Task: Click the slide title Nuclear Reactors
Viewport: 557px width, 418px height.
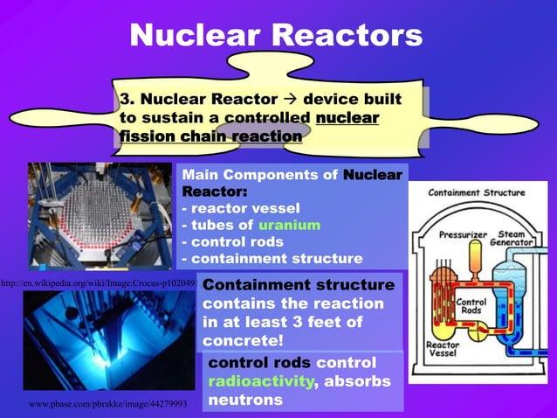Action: pos(276,35)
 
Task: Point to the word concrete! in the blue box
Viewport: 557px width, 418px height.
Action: pos(244,339)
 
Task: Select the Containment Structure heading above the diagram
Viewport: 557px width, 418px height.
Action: pos(477,192)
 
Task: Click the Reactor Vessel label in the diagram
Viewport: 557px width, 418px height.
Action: pos(443,351)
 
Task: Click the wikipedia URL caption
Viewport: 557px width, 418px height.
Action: pos(97,284)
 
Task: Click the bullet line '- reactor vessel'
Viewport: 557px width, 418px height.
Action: pos(240,208)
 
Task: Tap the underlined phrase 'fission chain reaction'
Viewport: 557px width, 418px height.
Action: pos(210,136)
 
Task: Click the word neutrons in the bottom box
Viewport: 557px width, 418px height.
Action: pos(245,401)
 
